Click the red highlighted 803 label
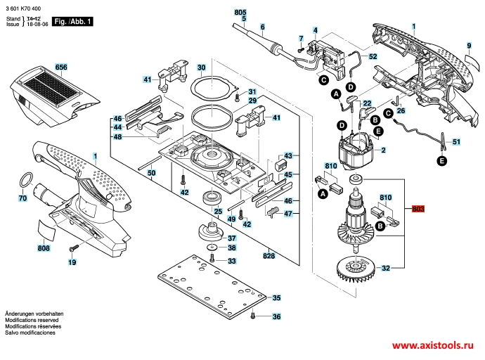419,209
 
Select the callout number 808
44,247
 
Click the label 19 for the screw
72,262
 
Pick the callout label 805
240,13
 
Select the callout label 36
276,317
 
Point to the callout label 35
276,298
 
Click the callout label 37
231,238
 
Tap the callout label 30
200,67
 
